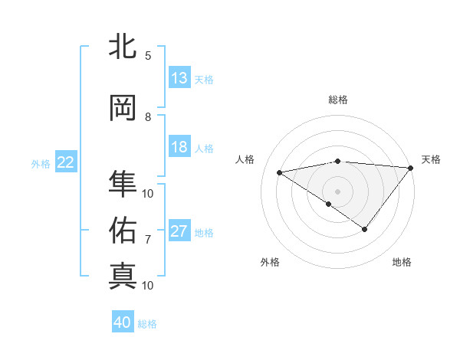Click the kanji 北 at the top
[123, 47]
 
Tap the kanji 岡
[123, 109]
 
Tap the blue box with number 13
[179, 78]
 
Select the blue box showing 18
[179, 148]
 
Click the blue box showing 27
[179, 232]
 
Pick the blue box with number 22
[66, 162]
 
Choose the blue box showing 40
[123, 322]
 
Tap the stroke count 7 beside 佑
[148, 239]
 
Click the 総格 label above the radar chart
[338, 100]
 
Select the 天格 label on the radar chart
[431, 159]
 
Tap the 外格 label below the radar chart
[270, 262]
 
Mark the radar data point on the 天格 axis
[411, 167]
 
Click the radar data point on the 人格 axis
[280, 172]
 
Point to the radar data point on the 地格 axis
[365, 229]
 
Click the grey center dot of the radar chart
[338, 190]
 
